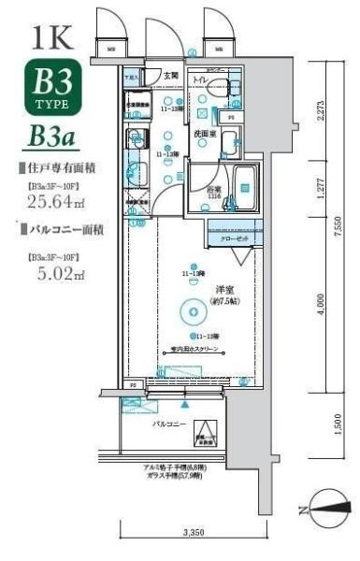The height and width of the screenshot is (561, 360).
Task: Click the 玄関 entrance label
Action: click(171, 76)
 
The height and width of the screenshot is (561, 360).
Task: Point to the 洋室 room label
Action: click(223, 290)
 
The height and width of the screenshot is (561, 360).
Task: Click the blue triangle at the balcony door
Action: click(185, 405)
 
